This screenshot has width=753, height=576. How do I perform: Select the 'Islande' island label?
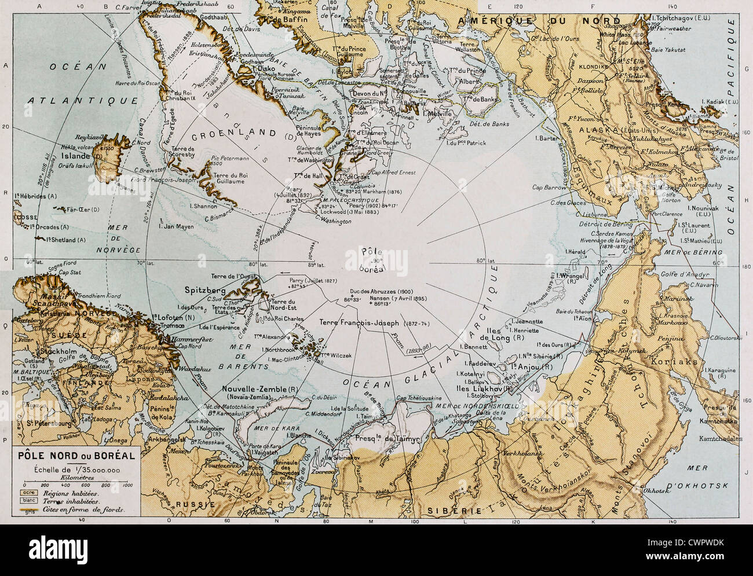click(x=76, y=156)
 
